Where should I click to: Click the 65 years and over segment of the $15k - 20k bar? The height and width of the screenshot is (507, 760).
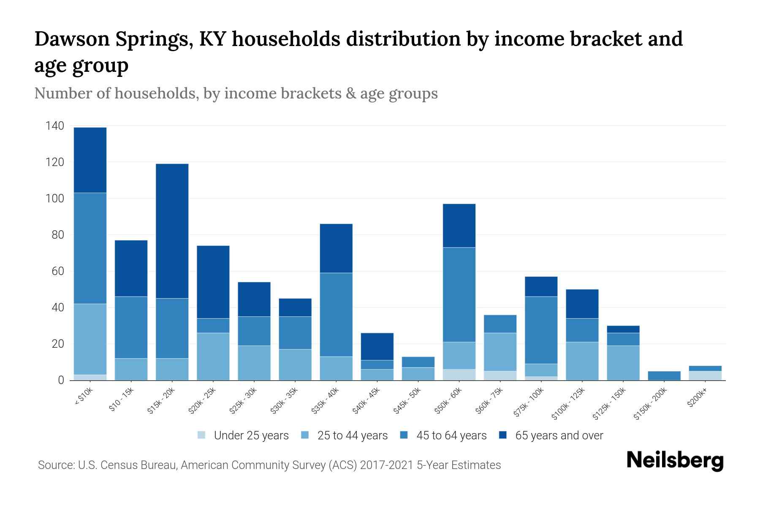pos(172,231)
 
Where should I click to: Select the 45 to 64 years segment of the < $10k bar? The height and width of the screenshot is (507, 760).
pos(90,248)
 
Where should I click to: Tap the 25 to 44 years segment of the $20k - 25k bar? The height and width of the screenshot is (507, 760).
pos(213,357)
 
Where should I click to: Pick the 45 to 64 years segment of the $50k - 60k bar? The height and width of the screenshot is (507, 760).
pos(459,294)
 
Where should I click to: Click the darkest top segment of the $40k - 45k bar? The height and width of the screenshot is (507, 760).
pos(377,346)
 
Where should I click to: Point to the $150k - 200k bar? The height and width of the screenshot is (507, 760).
pos(664,376)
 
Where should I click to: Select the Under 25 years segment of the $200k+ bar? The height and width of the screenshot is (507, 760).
pos(705,376)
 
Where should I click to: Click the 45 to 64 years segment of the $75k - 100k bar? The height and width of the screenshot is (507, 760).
pos(541,330)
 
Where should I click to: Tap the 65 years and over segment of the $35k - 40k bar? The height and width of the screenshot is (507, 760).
pos(336,248)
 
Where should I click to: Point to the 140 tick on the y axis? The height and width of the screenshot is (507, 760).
pos(55,126)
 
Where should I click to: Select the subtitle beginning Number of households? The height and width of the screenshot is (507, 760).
pos(236,93)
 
